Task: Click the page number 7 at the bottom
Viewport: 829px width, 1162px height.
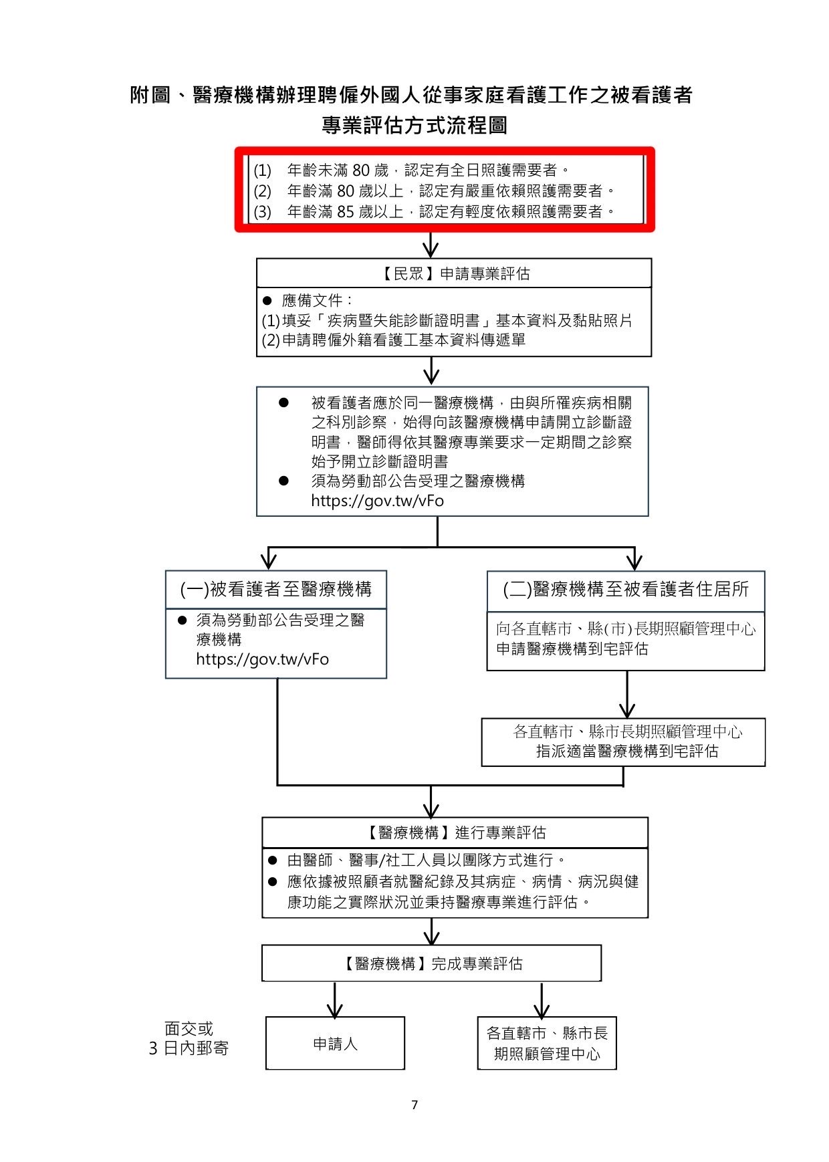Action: coord(414,1105)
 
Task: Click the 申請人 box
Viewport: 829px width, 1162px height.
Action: coord(335,1044)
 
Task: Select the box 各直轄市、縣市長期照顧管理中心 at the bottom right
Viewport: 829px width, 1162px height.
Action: coord(547,1044)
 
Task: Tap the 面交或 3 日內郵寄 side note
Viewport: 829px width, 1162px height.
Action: coord(189,1038)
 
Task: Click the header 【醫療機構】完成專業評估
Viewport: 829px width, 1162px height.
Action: coord(432,963)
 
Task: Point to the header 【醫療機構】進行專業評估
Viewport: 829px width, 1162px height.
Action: coord(455,832)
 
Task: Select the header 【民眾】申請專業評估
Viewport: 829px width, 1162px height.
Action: coord(455,273)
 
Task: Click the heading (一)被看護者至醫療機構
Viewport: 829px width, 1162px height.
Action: coord(276,589)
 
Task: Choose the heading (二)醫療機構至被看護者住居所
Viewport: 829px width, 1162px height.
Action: coord(626,589)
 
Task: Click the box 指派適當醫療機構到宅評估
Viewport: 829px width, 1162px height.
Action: coord(626,751)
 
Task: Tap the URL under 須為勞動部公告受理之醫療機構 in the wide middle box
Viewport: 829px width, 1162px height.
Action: coord(377,501)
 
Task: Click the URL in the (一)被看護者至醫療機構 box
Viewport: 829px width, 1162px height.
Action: coord(262,659)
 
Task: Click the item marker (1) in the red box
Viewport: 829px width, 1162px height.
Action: coord(263,170)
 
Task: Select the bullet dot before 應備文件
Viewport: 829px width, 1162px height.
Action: coord(267,300)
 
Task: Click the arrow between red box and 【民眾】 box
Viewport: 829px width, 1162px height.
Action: coord(431,245)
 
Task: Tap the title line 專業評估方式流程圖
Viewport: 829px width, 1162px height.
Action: coord(414,125)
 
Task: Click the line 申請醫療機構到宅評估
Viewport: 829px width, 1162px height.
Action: coord(572,649)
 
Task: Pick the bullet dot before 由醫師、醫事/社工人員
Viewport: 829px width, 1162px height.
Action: coord(273,860)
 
